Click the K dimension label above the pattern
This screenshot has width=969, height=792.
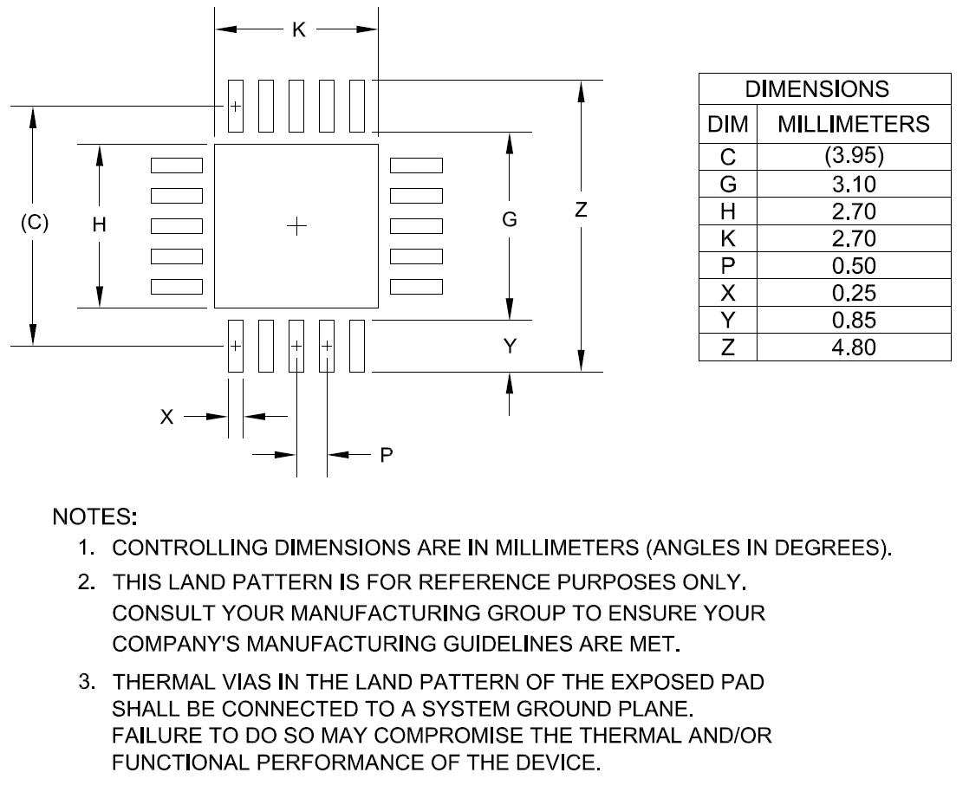pyautogui.click(x=297, y=30)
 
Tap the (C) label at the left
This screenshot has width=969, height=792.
pyautogui.click(x=34, y=223)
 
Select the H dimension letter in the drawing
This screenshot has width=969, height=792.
pyautogui.click(x=100, y=224)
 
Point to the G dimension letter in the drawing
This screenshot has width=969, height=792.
pyautogui.click(x=510, y=220)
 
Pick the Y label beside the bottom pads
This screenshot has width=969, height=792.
pyautogui.click(x=511, y=347)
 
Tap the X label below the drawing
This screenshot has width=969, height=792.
pyautogui.click(x=167, y=417)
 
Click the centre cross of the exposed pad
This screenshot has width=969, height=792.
pyautogui.click(x=296, y=226)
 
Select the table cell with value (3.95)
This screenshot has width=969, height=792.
pyautogui.click(x=855, y=157)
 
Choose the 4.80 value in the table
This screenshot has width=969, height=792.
pyautogui.click(x=855, y=347)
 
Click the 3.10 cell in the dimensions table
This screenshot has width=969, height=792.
pyautogui.click(x=855, y=185)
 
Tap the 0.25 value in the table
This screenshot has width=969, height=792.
pyautogui.click(x=855, y=293)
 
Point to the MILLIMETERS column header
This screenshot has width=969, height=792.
pyautogui.click(x=854, y=125)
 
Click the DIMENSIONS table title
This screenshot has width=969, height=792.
pyautogui.click(x=817, y=89)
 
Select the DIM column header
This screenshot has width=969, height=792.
pyautogui.click(x=728, y=125)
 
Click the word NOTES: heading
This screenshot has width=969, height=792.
pyautogui.click(x=95, y=517)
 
